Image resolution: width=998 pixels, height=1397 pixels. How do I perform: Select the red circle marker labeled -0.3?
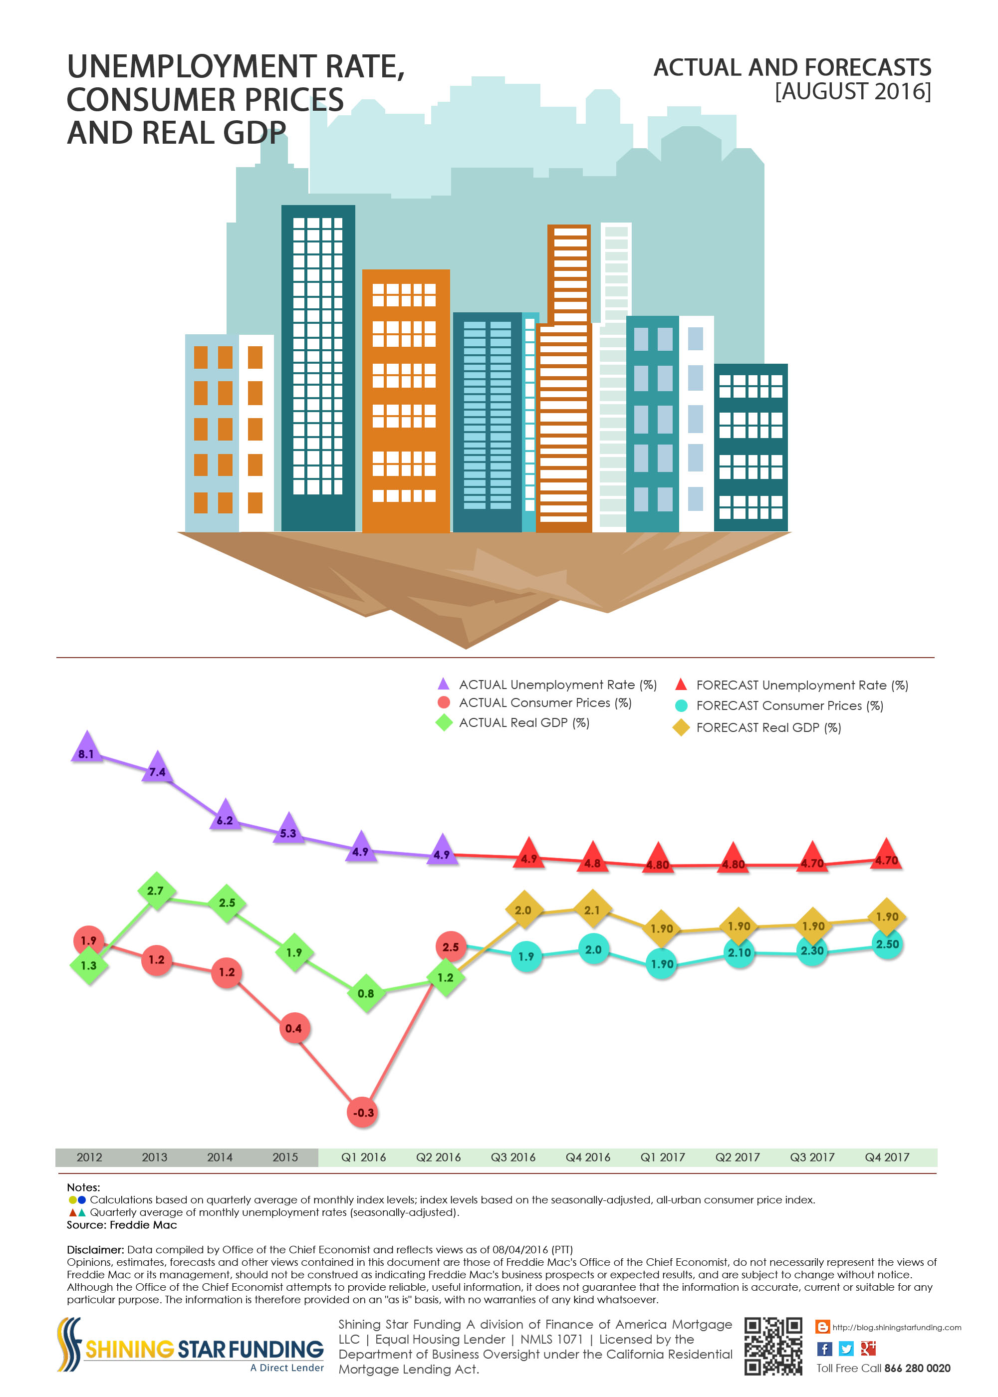click(363, 1113)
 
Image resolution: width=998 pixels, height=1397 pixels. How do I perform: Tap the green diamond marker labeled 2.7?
click(156, 891)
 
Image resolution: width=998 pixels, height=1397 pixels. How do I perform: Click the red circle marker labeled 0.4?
click(294, 1028)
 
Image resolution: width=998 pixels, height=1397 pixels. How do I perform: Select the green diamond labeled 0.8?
click(366, 993)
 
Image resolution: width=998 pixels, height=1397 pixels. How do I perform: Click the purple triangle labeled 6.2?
click(225, 816)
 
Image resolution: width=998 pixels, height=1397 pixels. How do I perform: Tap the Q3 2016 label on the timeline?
click(512, 1158)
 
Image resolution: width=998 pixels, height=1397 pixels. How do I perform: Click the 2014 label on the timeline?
click(220, 1158)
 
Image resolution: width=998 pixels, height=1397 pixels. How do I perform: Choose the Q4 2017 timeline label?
click(887, 1158)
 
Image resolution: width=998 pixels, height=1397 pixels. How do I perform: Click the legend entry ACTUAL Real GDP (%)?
click(523, 723)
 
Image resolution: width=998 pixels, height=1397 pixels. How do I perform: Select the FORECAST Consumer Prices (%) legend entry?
click(789, 706)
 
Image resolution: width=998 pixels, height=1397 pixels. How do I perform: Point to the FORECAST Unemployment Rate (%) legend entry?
click(801, 686)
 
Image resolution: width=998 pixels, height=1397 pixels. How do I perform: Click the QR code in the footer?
click(773, 1346)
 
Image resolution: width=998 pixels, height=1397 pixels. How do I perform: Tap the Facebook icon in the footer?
click(824, 1349)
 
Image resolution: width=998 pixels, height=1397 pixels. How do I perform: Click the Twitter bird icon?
click(846, 1349)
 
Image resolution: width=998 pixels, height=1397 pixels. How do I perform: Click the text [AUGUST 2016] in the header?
click(852, 91)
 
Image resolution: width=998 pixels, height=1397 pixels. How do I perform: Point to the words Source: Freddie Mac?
click(122, 1225)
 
